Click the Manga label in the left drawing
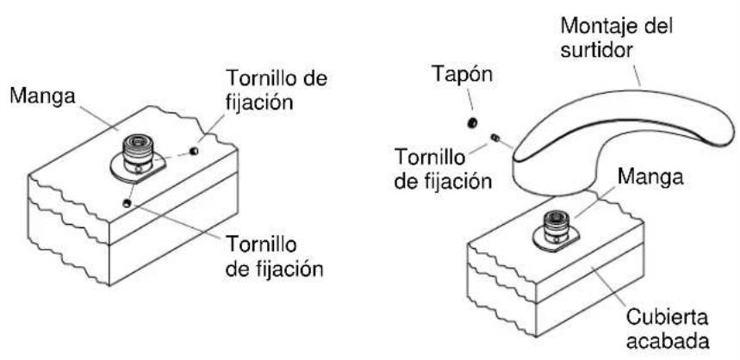[x=42, y=96]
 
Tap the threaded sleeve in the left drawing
[x=137, y=153]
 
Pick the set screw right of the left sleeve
[x=193, y=151]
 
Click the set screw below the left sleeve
[x=126, y=203]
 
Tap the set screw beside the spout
[x=495, y=138]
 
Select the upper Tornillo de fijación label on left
[x=277, y=90]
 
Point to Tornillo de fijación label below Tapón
[x=443, y=169]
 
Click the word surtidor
[x=596, y=48]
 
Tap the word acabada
[x=668, y=339]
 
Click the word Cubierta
[x=668, y=317]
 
